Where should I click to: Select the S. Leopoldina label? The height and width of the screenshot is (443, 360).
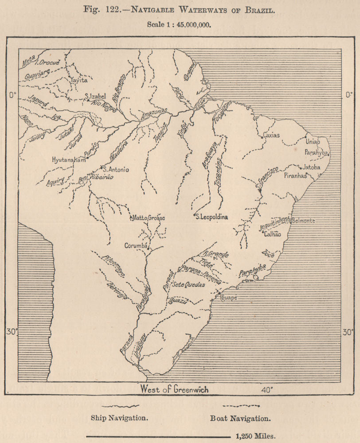pyautogui.click(x=213, y=217)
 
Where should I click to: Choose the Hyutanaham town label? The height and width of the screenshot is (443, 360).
pyautogui.click(x=68, y=159)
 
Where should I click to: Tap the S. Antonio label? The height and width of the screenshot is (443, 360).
pyautogui.click(x=117, y=169)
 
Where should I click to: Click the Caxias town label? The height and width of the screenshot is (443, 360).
pyautogui.click(x=271, y=135)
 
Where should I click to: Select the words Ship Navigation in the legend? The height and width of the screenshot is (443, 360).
pyautogui.click(x=119, y=418)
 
